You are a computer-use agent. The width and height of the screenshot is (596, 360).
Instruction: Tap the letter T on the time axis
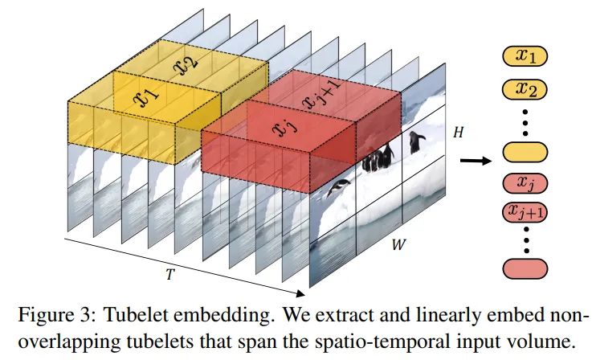pos(169,274)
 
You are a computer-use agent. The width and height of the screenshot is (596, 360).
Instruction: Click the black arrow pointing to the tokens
pos(476,161)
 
